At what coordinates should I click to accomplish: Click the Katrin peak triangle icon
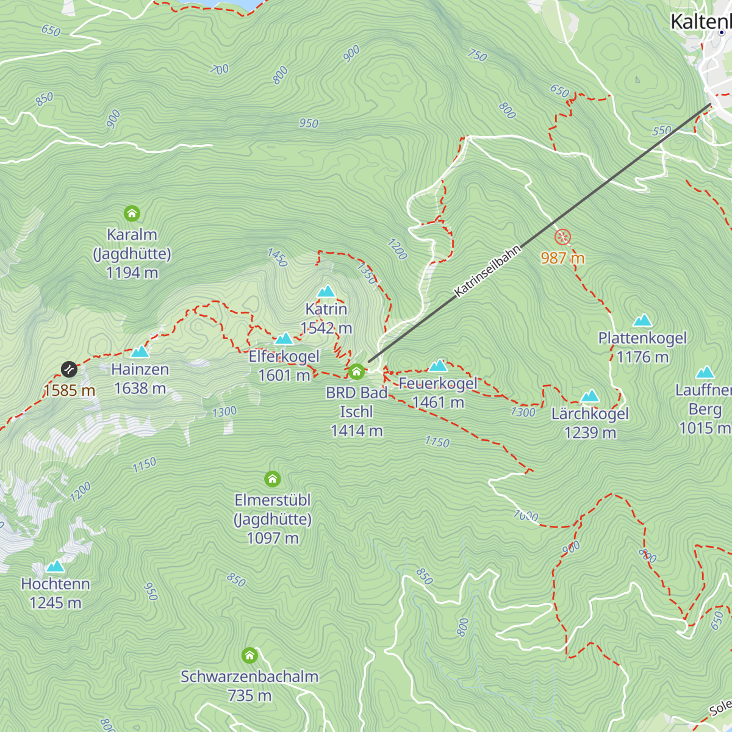tap(326, 291)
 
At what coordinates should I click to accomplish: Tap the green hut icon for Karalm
tap(132, 213)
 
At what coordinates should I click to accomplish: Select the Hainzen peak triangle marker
tap(140, 351)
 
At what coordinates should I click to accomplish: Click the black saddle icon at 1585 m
tap(69, 369)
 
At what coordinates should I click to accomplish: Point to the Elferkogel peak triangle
tap(284, 339)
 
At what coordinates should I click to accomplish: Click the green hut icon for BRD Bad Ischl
tap(356, 371)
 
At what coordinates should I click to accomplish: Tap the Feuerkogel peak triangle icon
tap(438, 366)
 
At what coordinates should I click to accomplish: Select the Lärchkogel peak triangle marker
tap(590, 396)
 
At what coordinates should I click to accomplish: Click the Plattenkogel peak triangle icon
tap(642, 320)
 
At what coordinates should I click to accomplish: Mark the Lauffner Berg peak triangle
tap(705, 372)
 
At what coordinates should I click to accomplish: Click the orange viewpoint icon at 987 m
tap(562, 237)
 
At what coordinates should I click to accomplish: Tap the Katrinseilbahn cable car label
tap(488, 271)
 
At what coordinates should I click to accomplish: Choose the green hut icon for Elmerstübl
tap(272, 479)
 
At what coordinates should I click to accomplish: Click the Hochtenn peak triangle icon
tap(55, 566)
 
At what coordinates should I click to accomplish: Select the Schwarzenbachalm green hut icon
tap(249, 656)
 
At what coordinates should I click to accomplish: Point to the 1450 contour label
tap(278, 257)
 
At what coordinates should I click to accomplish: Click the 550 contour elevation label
tap(662, 131)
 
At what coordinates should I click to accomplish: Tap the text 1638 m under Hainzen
tap(140, 389)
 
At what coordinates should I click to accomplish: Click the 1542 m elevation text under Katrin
tap(326, 328)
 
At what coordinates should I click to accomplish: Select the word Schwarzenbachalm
tap(249, 676)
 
